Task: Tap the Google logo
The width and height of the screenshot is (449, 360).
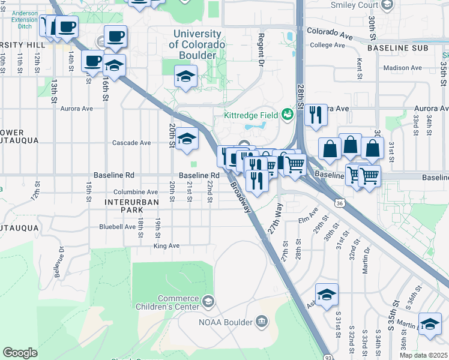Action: [x=20, y=353]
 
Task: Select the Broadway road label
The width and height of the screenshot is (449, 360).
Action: [x=240, y=196]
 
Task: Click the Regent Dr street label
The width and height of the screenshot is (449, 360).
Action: [x=261, y=43]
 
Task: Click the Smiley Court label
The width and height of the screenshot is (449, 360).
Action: [x=355, y=5]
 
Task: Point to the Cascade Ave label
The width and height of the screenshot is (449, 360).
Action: [x=131, y=143]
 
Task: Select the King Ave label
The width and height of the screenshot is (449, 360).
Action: [x=166, y=246]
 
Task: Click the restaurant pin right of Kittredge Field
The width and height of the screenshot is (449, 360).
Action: [x=316, y=115]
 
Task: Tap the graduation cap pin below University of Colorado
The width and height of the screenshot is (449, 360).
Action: [x=186, y=77]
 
